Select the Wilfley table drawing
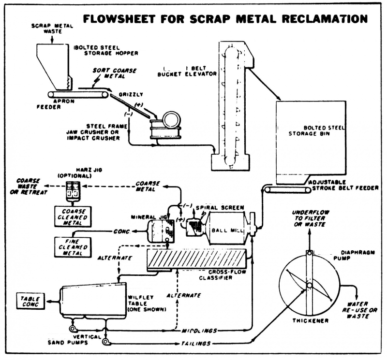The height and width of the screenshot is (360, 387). [x=92, y=300]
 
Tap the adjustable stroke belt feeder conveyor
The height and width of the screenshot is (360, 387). [x=286, y=191]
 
